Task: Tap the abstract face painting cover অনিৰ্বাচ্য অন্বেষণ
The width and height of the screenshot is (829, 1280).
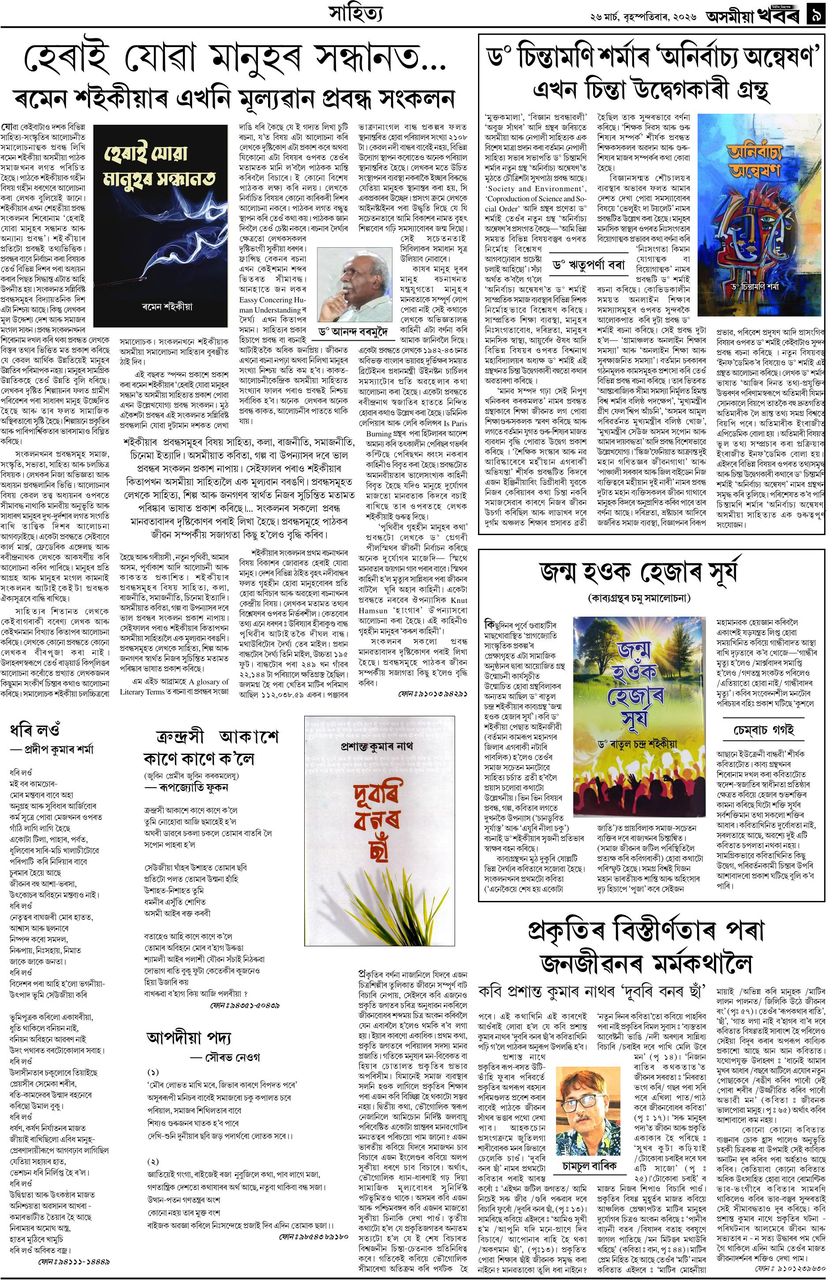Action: click(x=759, y=215)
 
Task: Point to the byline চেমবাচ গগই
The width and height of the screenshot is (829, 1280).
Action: click(x=763, y=731)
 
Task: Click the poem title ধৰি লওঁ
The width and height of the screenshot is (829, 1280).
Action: click(x=35, y=731)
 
